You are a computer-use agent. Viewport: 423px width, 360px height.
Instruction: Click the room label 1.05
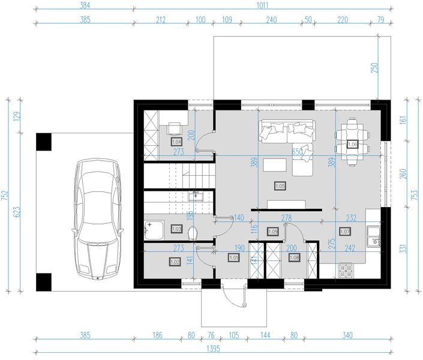point(279,186)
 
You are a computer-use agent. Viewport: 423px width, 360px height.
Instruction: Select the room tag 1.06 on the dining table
point(353,145)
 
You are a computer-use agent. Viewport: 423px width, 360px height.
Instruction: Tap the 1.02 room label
point(175,262)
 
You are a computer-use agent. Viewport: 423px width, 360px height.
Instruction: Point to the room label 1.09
point(272,231)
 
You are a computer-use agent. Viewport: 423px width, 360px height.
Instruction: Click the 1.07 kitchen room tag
point(345,231)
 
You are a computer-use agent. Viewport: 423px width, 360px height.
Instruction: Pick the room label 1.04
point(176,142)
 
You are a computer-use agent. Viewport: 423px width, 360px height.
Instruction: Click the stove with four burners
point(346,271)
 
